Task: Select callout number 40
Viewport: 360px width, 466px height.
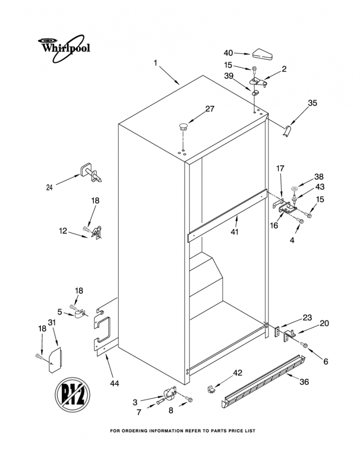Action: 228,53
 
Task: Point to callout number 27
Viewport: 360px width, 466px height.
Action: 209,109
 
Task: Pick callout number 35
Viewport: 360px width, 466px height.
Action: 313,103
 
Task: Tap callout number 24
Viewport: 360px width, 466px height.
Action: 50,188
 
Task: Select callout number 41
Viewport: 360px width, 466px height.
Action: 235,232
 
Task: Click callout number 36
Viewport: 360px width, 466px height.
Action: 304,382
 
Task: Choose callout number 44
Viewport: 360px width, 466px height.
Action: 114,384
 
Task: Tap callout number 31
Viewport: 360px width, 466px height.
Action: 52,322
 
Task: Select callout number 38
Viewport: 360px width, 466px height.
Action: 319,177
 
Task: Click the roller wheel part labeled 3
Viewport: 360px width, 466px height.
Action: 170,393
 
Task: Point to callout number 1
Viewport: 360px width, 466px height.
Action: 155,63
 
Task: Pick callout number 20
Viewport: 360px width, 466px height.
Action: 324,323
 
